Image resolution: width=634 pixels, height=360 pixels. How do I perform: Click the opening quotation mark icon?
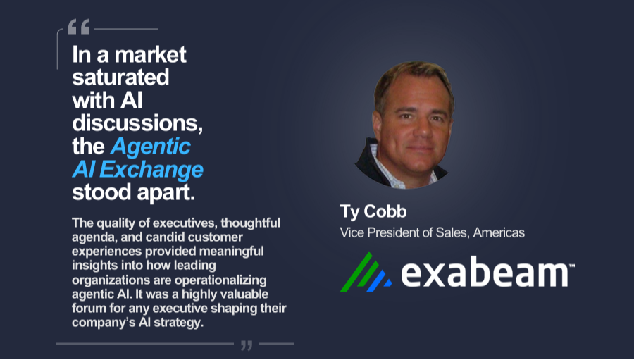point(78,27)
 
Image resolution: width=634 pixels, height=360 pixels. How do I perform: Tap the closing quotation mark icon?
point(247,345)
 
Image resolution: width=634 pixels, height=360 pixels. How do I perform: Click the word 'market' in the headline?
point(151,55)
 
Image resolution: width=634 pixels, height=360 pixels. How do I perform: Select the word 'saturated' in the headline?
point(120,77)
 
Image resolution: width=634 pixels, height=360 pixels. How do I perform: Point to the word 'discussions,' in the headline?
point(137,123)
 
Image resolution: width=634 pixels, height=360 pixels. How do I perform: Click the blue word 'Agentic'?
point(151,147)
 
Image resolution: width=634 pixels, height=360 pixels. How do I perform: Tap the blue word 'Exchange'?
point(151,170)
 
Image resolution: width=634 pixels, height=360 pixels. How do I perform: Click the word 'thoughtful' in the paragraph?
point(250,223)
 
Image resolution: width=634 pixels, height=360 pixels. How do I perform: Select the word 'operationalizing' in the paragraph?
point(220,280)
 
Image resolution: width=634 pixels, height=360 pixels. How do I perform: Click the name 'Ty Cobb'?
point(373,211)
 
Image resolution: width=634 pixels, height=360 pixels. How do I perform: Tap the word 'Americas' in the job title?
point(499,232)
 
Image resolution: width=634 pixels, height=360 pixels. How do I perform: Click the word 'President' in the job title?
point(391,232)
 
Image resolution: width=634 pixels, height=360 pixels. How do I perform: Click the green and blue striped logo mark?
point(366,272)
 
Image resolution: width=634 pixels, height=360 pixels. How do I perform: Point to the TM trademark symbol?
point(572,266)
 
